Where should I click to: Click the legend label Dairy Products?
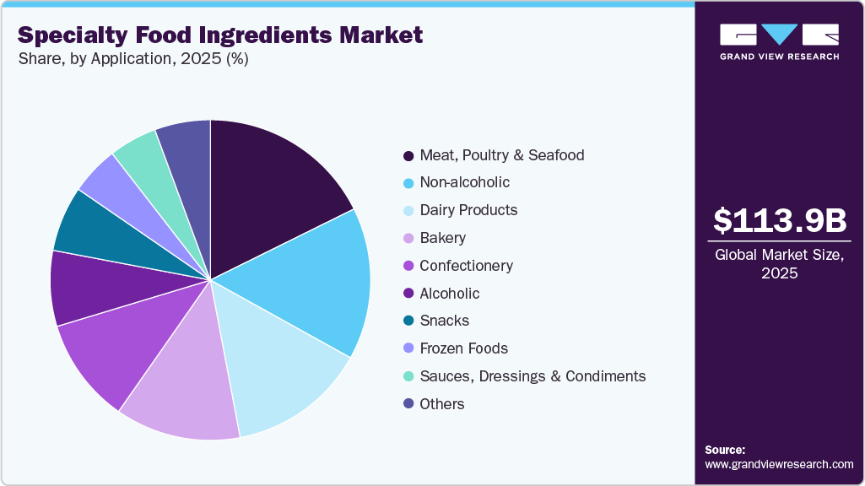[468, 210]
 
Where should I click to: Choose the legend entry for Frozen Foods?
[463, 348]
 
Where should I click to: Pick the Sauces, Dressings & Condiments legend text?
[532, 376]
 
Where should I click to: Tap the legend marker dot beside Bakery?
[408, 239]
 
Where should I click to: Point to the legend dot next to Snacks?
[408, 321]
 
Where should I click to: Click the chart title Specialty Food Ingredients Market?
[220, 35]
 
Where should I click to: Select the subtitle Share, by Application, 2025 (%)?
[132, 59]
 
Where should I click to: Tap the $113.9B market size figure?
[779, 220]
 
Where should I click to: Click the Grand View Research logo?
[779, 41]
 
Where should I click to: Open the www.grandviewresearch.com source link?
[779, 464]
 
